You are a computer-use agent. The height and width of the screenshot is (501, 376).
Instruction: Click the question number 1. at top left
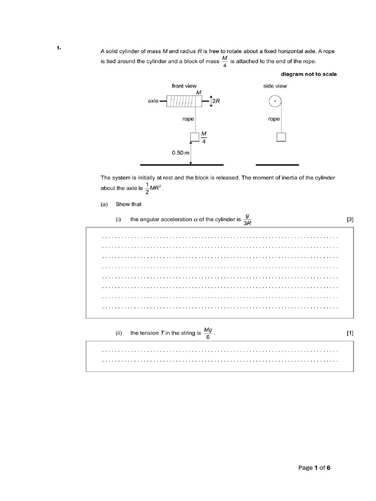click(x=58, y=47)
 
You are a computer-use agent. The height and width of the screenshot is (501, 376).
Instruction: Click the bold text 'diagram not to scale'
click(x=308, y=74)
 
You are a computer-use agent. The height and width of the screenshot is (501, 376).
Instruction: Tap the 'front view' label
click(x=184, y=86)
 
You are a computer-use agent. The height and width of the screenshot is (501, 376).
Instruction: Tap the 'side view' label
click(x=275, y=86)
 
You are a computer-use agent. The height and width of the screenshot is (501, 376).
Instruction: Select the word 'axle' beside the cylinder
click(x=153, y=101)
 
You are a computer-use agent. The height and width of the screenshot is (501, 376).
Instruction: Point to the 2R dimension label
click(x=216, y=101)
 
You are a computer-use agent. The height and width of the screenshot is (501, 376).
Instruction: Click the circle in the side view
click(x=276, y=102)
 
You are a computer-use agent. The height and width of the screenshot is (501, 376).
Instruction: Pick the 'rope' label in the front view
click(x=188, y=119)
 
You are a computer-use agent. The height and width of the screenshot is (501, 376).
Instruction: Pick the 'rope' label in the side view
click(x=274, y=119)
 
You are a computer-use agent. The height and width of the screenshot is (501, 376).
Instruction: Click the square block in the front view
click(x=194, y=137)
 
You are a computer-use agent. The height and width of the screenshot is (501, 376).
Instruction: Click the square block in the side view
click(x=281, y=137)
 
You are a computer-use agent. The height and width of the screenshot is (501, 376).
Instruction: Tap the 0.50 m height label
click(x=180, y=153)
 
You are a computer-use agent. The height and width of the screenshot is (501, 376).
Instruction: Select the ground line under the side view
click(x=277, y=165)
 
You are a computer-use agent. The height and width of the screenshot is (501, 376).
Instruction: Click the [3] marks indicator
click(x=350, y=220)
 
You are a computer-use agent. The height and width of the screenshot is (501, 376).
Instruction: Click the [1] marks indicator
click(x=350, y=333)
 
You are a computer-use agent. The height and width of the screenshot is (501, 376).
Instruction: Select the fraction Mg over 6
click(x=208, y=333)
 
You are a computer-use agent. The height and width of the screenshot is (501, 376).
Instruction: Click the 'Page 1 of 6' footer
click(x=314, y=468)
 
